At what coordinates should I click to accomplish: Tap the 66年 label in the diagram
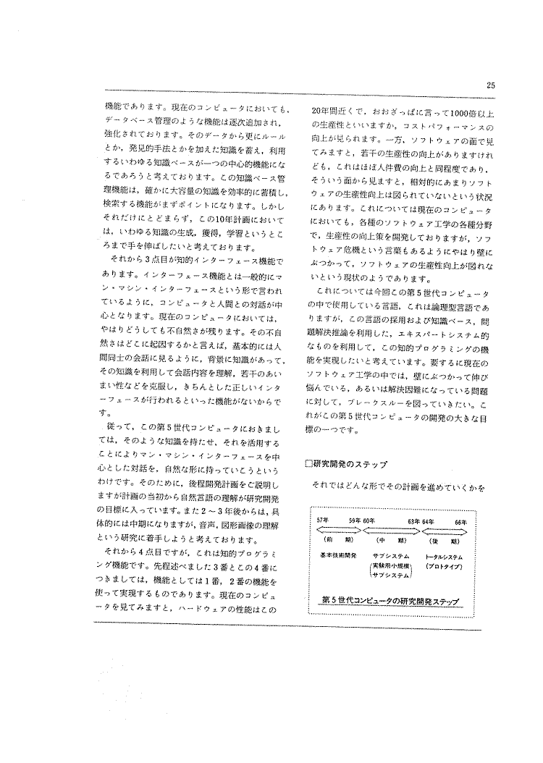460,521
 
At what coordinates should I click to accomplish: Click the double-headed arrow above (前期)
340,530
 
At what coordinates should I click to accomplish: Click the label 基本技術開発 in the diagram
338,556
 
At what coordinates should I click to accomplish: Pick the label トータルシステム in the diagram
445,556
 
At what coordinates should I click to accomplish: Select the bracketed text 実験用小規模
391,565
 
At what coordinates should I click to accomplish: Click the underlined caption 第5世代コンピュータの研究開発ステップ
392,602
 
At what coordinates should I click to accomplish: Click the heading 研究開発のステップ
350,464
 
